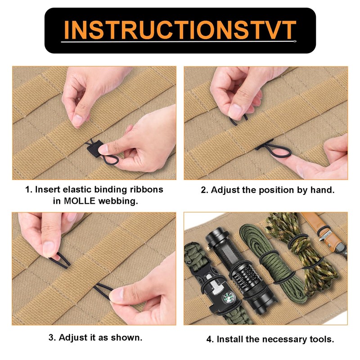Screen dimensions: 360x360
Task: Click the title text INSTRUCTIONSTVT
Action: [180, 30]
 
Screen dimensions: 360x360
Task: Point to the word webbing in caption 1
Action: [119, 201]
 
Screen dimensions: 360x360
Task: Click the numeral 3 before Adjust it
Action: [50, 337]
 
